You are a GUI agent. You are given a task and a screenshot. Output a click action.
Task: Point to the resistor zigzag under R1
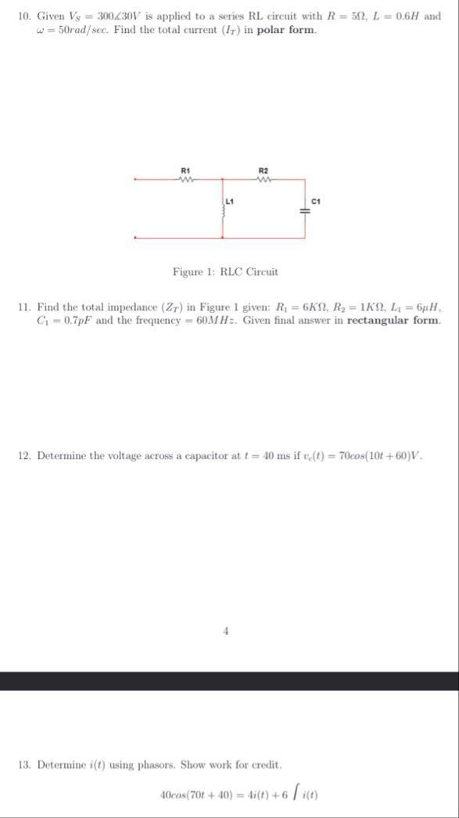click(x=186, y=178)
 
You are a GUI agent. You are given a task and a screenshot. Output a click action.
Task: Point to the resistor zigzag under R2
click(x=264, y=178)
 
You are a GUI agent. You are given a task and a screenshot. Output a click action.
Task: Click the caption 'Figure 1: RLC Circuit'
click(x=225, y=272)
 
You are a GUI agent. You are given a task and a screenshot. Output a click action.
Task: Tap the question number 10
click(x=23, y=16)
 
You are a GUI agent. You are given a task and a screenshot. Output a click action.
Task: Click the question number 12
click(x=23, y=456)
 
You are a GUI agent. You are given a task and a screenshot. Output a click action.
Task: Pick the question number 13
click(x=23, y=763)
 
